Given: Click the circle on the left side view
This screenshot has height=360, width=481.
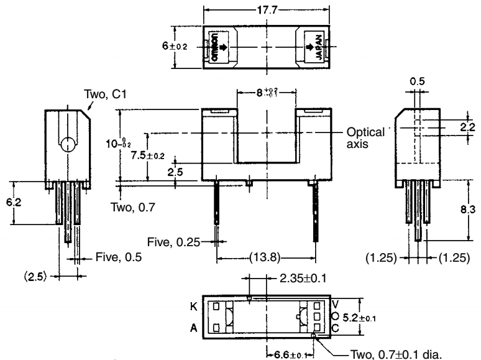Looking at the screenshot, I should click(66, 145).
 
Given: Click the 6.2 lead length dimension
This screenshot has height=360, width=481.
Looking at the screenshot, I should click(20, 203).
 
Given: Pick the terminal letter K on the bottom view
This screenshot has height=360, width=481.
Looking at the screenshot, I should click(194, 307).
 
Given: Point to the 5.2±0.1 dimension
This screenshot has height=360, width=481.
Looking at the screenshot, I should click(359, 317).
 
